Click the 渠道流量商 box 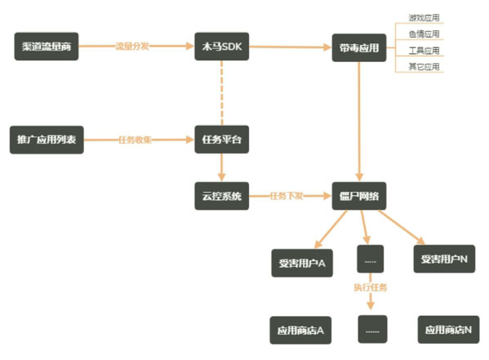pyautogui.click(x=47, y=46)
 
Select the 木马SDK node pyautogui.click(x=221, y=46)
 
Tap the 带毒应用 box pyautogui.click(x=358, y=48)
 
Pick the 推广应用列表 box pyautogui.click(x=47, y=140)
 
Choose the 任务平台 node pyautogui.click(x=221, y=140)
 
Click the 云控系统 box pyautogui.click(x=221, y=196)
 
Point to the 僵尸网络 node pyautogui.click(x=358, y=196)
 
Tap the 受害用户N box pyautogui.click(x=444, y=259)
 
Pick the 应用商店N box pyautogui.click(x=447, y=330)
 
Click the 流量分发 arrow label pyautogui.click(x=132, y=47)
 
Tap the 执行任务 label pyautogui.click(x=371, y=287)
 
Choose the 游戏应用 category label pyautogui.click(x=424, y=17)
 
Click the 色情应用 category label pyautogui.click(x=424, y=33)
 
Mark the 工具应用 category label pyautogui.click(x=424, y=50)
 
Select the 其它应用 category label pyautogui.click(x=424, y=66)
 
